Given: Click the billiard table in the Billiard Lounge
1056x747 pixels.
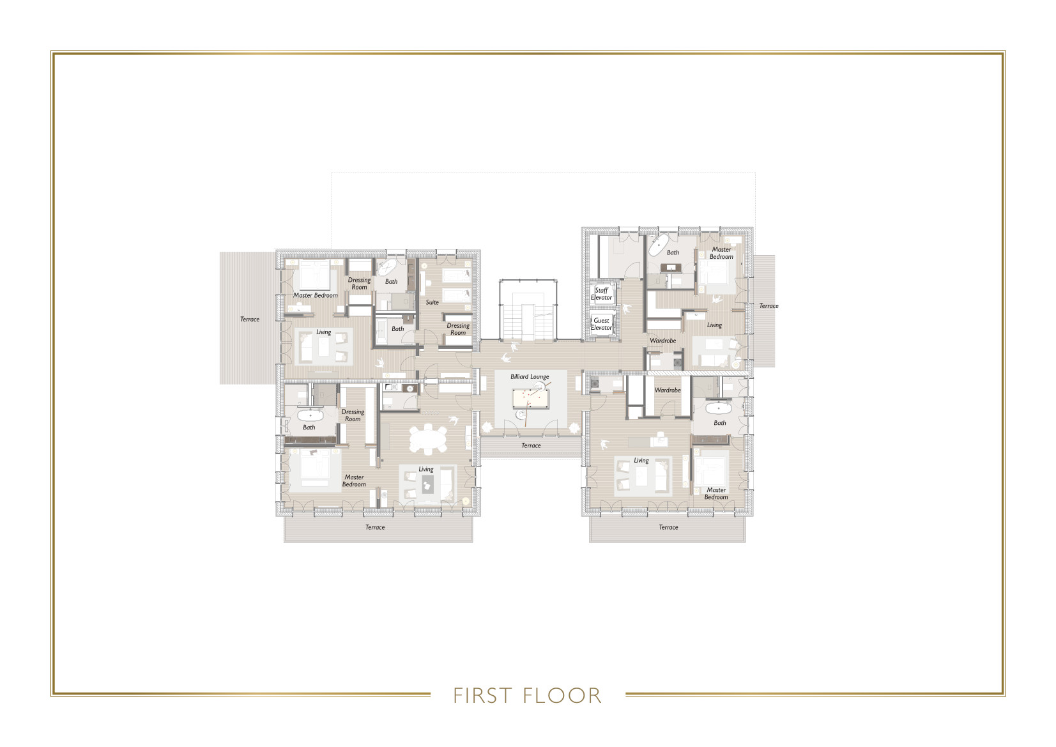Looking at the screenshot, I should pyautogui.click(x=530, y=399).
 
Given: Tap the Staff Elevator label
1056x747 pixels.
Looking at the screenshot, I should pyautogui.click(x=601, y=294).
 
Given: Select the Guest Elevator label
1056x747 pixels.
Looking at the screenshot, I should pyautogui.click(x=601, y=324).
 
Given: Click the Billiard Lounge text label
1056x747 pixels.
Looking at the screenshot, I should pyautogui.click(x=530, y=377).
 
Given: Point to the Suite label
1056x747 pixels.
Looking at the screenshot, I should pyautogui.click(x=432, y=302).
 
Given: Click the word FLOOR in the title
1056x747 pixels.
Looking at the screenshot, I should pyautogui.click(x=562, y=695).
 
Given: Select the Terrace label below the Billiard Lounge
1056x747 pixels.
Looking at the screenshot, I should pyautogui.click(x=531, y=445).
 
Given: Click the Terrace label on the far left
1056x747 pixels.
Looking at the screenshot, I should pyautogui.click(x=250, y=320).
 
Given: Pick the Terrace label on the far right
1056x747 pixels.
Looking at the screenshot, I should pyautogui.click(x=769, y=306).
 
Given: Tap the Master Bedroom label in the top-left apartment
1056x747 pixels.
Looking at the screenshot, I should pyautogui.click(x=316, y=295).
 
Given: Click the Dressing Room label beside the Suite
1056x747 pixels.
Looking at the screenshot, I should pyautogui.click(x=458, y=329).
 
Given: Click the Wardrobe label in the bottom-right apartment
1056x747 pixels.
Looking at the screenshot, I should pyautogui.click(x=668, y=390).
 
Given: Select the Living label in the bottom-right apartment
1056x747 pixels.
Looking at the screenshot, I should pyautogui.click(x=641, y=460).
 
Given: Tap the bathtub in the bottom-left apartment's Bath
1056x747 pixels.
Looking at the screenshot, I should pyautogui.click(x=310, y=415).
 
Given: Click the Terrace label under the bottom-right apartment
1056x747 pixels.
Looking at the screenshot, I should pyautogui.click(x=668, y=527).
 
